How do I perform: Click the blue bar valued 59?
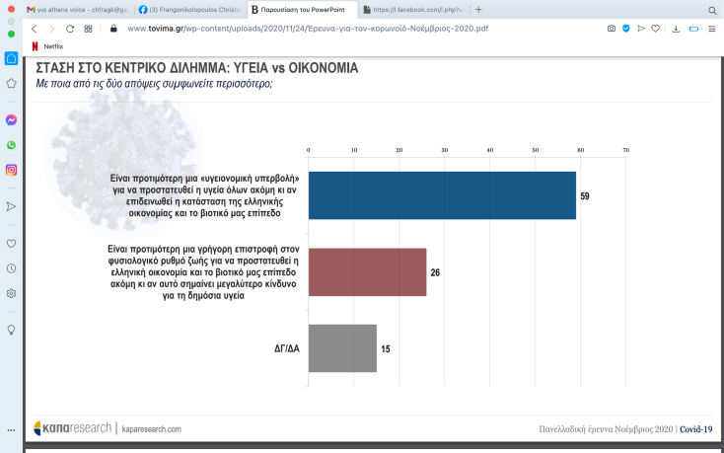442,195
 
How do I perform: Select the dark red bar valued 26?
367,272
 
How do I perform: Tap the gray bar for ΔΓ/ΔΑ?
342,348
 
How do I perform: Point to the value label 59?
585,196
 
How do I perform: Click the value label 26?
435,272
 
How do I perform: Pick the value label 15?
385,348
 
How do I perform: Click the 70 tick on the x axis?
625,151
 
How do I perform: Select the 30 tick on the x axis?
445,151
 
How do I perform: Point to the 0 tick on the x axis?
309,151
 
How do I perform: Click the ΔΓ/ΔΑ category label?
288,348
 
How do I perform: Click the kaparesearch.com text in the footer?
151,429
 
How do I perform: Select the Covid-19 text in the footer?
695,429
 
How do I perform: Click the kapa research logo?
73,429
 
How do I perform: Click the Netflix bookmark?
53,46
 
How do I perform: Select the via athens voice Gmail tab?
74,9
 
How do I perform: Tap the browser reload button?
70,29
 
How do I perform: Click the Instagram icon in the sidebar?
11,170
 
